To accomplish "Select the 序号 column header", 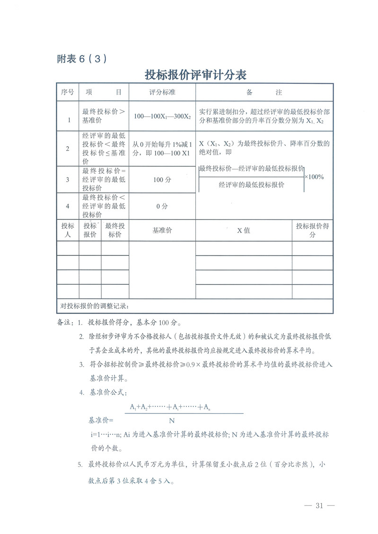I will pos(68,92).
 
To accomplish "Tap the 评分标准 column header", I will pos(162,92).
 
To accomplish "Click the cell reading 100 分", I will pos(162,180).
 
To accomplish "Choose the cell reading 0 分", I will pos(162,206).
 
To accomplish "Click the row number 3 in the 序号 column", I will pos(68,180).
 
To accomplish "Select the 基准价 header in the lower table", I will pos(162,230).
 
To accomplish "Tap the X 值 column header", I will pos(244,230).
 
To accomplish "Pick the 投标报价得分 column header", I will pos(312,230).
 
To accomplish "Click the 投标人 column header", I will pos(68,230).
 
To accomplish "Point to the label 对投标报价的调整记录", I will pos(95,306).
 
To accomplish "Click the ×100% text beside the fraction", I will pos(314,177).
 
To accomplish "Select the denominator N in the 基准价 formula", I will pos(172,420).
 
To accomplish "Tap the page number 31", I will pos(318,506).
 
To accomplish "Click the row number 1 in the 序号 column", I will pos(68,120).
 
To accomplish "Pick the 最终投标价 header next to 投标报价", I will pos(115,230).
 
